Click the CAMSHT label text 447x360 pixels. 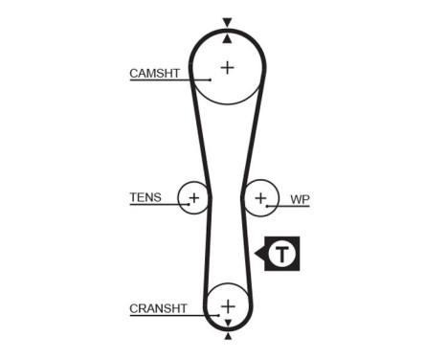click(154, 73)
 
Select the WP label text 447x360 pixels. click(300, 199)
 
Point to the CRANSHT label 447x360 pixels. click(158, 307)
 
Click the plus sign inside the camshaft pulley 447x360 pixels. click(227, 67)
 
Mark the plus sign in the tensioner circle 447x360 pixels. click(194, 199)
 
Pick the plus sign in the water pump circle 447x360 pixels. click(260, 199)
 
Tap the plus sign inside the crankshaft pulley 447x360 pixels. click(228, 306)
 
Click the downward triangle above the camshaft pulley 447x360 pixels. click(227, 21)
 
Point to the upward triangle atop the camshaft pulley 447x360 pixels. click(227, 36)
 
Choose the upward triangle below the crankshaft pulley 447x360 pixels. click(228, 336)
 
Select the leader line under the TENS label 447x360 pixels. click(153, 207)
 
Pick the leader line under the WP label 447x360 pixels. click(292, 207)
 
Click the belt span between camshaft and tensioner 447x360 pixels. click(201, 134)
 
